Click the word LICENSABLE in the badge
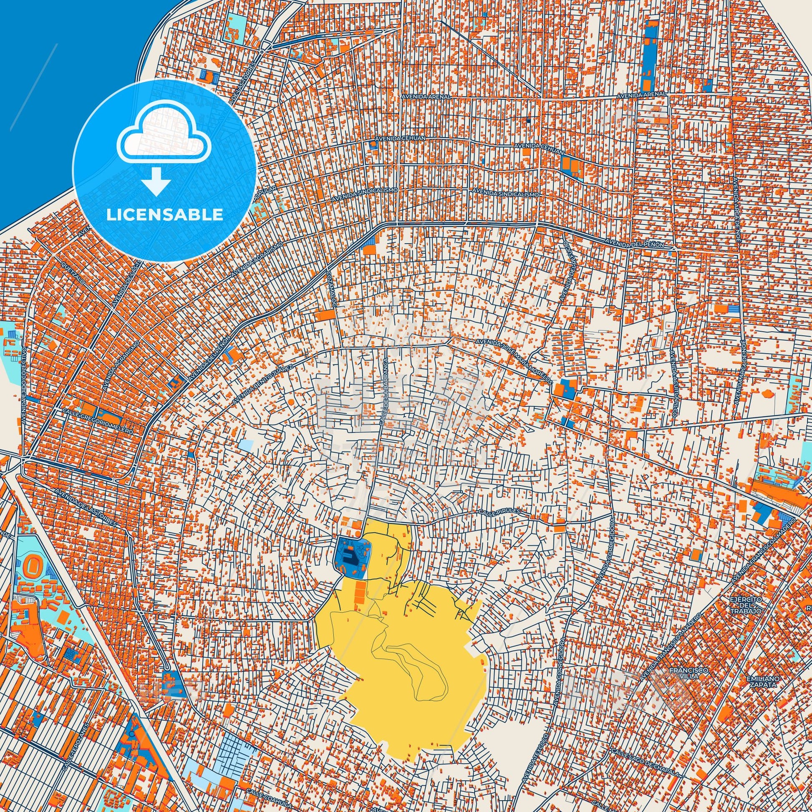164,214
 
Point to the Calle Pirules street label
499,511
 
